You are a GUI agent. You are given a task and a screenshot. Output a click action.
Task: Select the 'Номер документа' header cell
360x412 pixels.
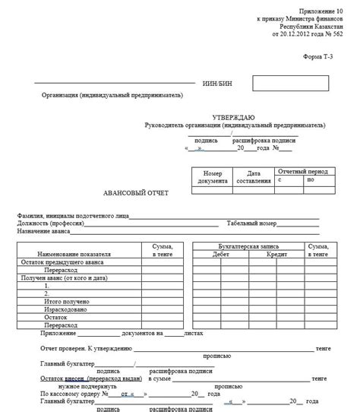click(213, 177)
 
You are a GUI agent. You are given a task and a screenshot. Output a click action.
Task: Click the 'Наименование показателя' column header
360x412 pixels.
click(77, 248)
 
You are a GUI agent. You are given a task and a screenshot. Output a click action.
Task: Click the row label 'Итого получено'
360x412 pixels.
click(66, 301)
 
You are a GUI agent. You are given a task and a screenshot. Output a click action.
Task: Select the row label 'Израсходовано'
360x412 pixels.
click(65, 309)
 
